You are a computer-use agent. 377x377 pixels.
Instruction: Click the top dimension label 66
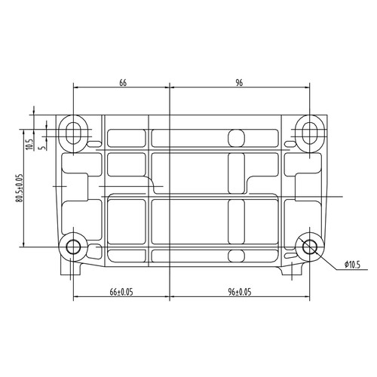(x=123, y=83)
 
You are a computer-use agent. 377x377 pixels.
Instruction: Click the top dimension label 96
(x=239, y=83)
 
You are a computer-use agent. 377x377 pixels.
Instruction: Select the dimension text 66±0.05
(x=121, y=292)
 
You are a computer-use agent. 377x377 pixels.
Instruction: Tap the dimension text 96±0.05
(x=240, y=292)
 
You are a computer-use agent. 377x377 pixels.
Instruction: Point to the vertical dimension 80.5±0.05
(x=20, y=188)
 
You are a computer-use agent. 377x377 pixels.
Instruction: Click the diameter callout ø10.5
(x=352, y=265)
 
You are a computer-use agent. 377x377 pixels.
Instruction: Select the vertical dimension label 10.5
(x=29, y=145)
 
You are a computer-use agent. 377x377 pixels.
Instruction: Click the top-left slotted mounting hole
(x=73, y=133)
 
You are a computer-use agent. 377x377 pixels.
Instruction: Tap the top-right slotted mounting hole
(x=310, y=133)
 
